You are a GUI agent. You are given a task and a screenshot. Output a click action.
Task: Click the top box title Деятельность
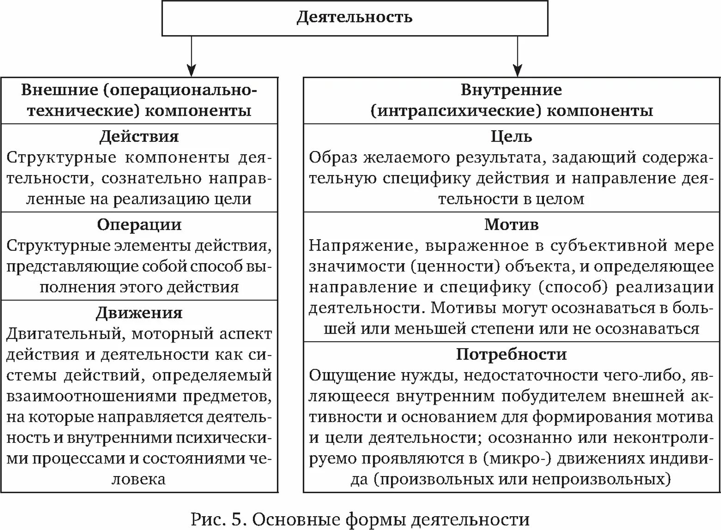click(x=354, y=18)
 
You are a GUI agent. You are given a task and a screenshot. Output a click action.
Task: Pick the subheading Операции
click(x=139, y=225)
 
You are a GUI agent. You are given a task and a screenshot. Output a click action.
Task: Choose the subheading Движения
click(x=139, y=313)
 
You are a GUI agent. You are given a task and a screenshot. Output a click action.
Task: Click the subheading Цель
click(x=511, y=137)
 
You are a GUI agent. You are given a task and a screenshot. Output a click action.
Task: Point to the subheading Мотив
click(x=511, y=225)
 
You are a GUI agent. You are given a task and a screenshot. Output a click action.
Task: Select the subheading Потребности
click(x=511, y=355)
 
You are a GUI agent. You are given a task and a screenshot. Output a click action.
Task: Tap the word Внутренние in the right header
click(x=511, y=90)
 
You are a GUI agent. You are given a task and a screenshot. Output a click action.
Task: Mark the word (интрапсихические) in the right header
click(x=454, y=111)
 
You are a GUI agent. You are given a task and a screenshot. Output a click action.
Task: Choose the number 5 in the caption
click(x=236, y=519)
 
